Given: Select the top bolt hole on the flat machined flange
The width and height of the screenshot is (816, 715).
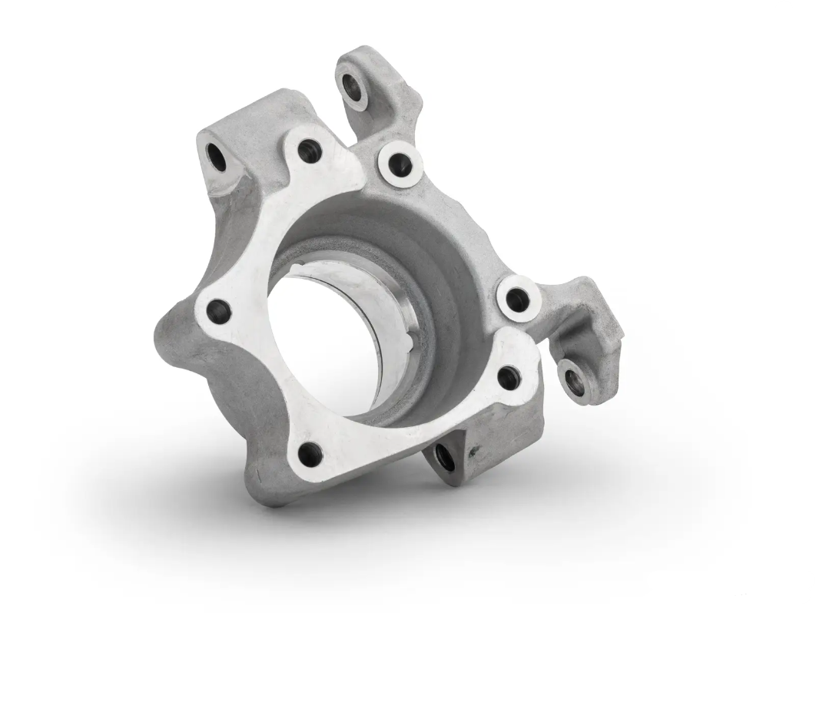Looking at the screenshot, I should tap(309, 150).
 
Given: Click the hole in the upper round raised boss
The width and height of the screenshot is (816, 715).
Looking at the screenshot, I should tap(400, 163).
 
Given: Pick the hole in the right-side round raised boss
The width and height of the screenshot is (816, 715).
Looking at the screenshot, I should tap(519, 299).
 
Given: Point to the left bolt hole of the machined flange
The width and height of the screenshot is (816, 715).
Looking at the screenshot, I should tap(219, 311).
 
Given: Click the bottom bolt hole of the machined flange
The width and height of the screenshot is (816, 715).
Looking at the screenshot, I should tap(310, 453).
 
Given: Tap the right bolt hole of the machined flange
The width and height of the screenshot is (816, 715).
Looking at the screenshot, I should tap(509, 376).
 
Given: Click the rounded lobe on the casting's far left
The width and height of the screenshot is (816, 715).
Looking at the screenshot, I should tap(171, 338).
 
